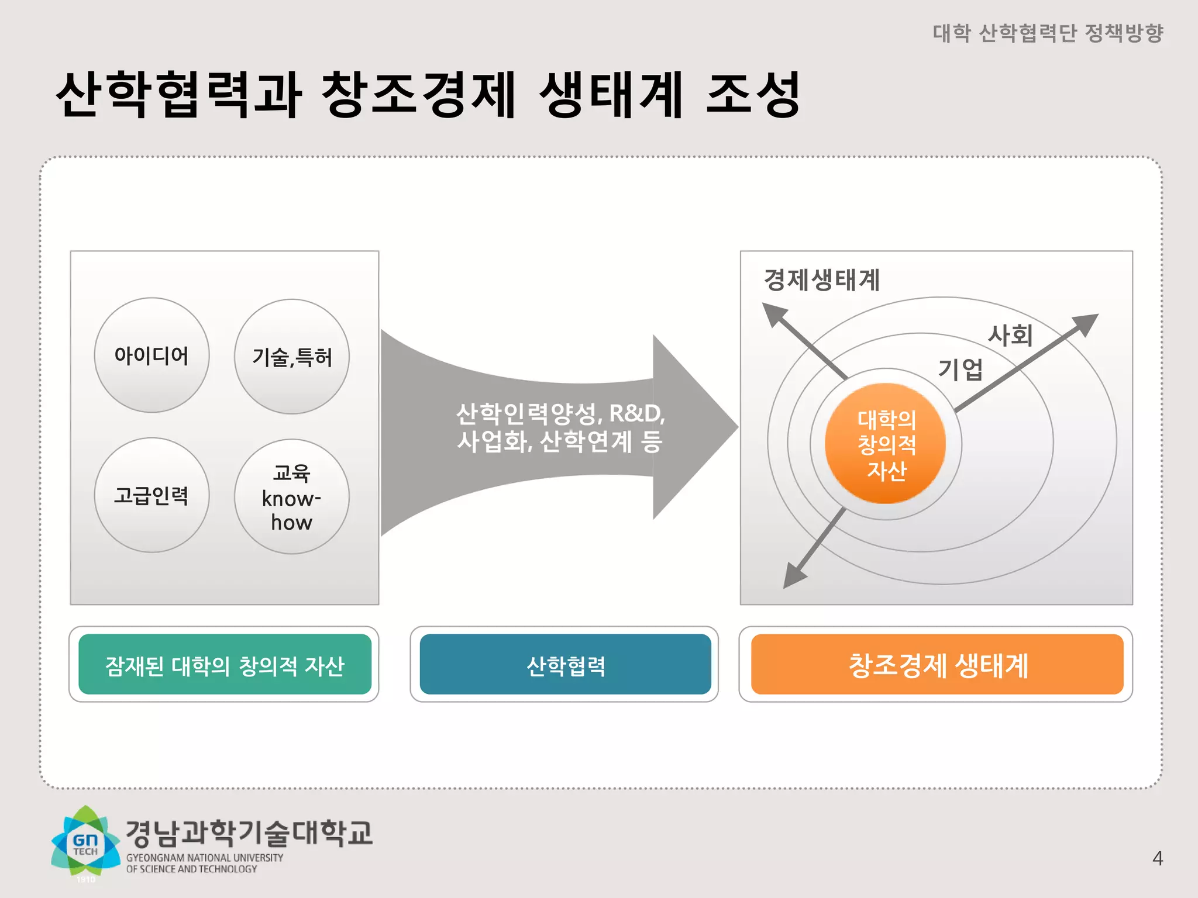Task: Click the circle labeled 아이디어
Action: [152, 355]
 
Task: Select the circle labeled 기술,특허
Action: [292, 357]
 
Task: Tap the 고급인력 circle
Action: [152, 495]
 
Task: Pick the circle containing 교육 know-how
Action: [292, 497]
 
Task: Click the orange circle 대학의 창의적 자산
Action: [886, 444]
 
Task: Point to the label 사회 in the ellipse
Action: [1010, 336]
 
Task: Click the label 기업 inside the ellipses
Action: [961, 369]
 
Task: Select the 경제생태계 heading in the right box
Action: [822, 280]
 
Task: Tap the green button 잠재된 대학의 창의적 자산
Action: [225, 665]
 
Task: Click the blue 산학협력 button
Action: [565, 665]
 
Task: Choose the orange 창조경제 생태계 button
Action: [937, 665]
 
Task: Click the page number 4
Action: [1157, 858]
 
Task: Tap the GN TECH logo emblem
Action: [86, 842]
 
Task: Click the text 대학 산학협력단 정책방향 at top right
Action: [1048, 33]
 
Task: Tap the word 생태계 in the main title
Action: [611, 95]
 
